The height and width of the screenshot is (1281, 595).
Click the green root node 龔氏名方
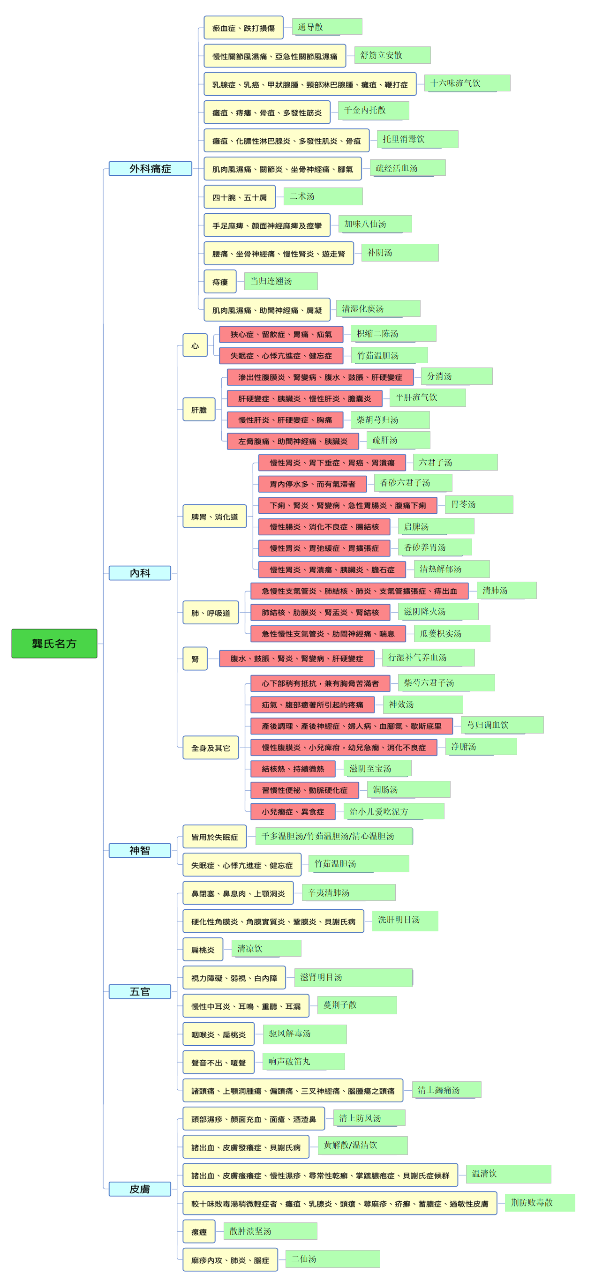tap(54, 643)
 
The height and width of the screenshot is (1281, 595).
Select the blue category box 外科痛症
tap(150, 169)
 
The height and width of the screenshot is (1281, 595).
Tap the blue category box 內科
tap(140, 573)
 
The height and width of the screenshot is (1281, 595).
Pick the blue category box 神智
tap(140, 850)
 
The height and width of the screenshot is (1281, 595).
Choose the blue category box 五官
tap(140, 992)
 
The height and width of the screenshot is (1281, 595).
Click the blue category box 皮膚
tap(140, 1189)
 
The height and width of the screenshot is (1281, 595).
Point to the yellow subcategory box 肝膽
tap(199, 409)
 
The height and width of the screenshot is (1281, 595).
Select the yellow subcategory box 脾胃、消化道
tap(214, 516)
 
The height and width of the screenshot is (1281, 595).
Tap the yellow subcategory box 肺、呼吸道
tap(211, 613)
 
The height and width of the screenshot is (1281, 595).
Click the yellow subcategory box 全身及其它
tap(211, 748)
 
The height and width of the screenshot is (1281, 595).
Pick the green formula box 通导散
tap(327, 27)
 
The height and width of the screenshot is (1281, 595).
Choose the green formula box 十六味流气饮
tap(467, 83)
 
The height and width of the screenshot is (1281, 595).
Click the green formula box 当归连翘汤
tap(280, 281)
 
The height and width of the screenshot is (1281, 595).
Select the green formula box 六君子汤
tap(455, 462)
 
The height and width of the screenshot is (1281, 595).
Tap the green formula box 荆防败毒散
tap(540, 1202)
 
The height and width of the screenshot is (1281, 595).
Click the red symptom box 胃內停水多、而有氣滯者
tap(312, 484)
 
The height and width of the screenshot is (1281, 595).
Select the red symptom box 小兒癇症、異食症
tap(293, 811)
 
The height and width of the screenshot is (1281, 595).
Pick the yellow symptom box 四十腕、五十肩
tap(240, 197)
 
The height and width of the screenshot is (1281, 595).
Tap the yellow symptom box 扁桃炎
tap(203, 949)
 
